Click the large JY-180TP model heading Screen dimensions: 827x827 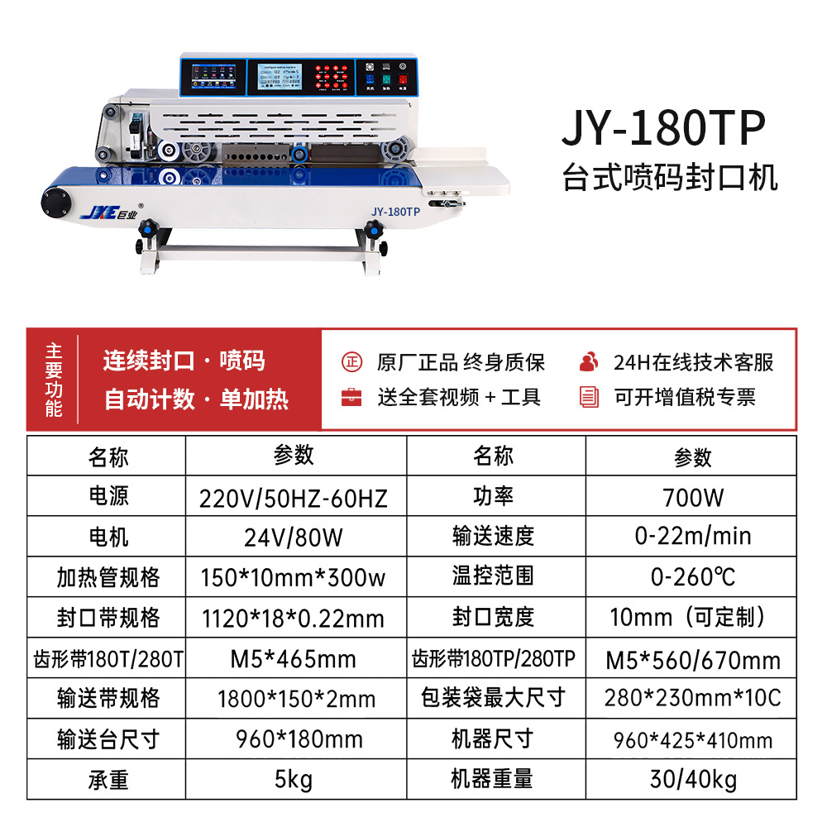point(664,129)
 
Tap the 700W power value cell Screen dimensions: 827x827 point(692,497)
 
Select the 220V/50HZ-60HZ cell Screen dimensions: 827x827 point(294,498)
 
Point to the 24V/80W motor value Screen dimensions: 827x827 point(294,538)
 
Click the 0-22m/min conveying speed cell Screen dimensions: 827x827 point(692,536)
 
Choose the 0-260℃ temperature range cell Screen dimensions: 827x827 point(692,576)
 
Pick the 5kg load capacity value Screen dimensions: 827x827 point(294,780)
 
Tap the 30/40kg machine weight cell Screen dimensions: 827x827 point(692,779)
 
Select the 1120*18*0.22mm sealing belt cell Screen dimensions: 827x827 point(294,618)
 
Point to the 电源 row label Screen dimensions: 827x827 point(108,496)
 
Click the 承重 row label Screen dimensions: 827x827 point(108,779)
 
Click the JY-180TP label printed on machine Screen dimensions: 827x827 point(395,212)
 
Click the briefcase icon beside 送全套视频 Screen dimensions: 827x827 point(351,397)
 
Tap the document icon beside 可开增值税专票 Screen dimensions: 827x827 point(589,397)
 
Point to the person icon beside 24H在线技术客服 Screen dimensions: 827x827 point(589,361)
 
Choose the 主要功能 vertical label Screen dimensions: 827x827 point(54,381)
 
